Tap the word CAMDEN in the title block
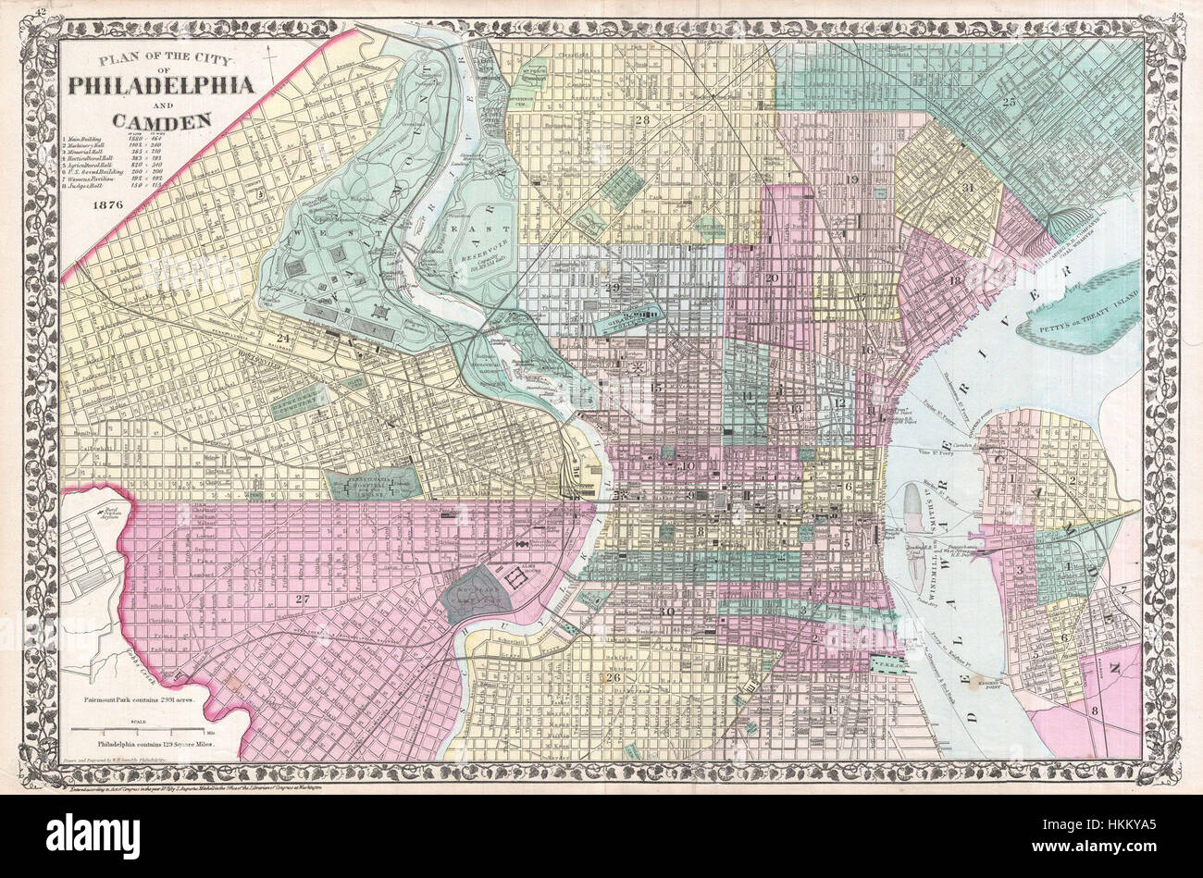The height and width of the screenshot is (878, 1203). [x=161, y=118]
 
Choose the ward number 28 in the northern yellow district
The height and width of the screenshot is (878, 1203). [x=642, y=120]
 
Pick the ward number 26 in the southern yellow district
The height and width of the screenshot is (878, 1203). [x=614, y=677]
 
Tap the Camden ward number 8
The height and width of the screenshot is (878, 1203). [x=1094, y=711]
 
